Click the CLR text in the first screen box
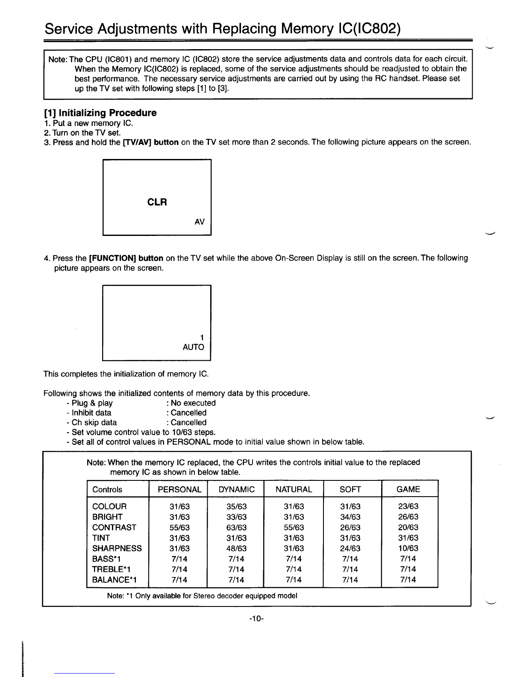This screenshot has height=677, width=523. (157, 202)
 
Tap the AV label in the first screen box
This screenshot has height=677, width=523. (200, 222)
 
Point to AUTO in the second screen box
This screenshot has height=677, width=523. (193, 347)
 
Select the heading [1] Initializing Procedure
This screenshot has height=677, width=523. (100, 113)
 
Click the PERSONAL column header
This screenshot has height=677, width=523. (179, 489)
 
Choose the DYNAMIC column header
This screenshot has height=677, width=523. (236, 489)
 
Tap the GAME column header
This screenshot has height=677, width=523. (408, 489)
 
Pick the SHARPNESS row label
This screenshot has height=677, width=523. (117, 548)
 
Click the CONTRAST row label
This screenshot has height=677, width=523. (114, 527)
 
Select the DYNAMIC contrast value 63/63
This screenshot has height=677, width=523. (237, 527)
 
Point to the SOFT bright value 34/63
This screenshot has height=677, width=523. (350, 517)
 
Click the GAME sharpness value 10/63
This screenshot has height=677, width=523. (408, 548)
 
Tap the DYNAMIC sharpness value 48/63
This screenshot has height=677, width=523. (237, 548)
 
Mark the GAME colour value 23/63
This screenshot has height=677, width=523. (408, 506)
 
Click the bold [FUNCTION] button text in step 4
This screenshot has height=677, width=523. (126, 258)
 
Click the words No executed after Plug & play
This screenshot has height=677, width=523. (193, 403)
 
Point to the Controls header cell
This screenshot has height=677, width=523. (107, 489)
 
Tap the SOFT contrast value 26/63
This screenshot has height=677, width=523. (350, 527)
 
